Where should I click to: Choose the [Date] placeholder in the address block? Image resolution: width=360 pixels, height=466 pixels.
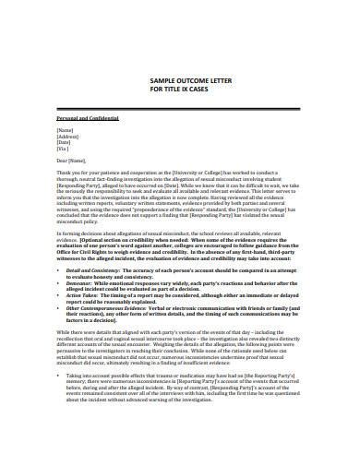pyautogui.click(x=66, y=146)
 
